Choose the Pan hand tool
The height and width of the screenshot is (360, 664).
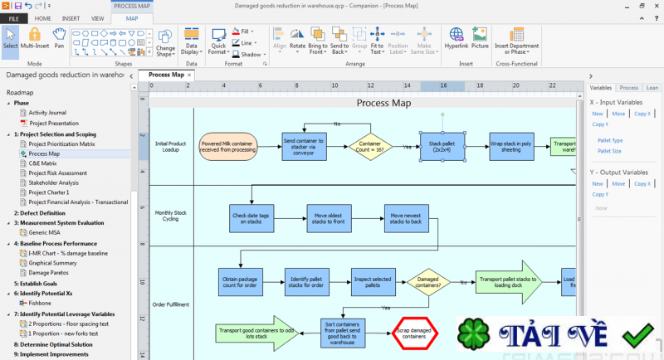59,38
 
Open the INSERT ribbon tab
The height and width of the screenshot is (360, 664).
71,17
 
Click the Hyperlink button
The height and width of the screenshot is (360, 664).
456,38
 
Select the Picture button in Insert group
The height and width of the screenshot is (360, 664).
480,38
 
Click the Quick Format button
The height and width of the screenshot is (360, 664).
218,41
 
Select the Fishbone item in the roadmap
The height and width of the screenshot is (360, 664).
40,303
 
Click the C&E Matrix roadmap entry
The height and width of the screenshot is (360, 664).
42,163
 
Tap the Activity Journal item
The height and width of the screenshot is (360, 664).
46,113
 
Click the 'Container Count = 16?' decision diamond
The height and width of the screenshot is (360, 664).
370,146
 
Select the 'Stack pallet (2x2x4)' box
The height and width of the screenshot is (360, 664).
442,147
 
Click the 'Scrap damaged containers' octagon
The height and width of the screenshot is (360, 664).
414,333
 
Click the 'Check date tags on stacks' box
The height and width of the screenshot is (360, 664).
251,218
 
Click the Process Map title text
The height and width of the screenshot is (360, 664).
383,103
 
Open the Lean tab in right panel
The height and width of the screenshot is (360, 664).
652,87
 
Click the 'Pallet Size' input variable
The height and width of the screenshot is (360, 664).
609,151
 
